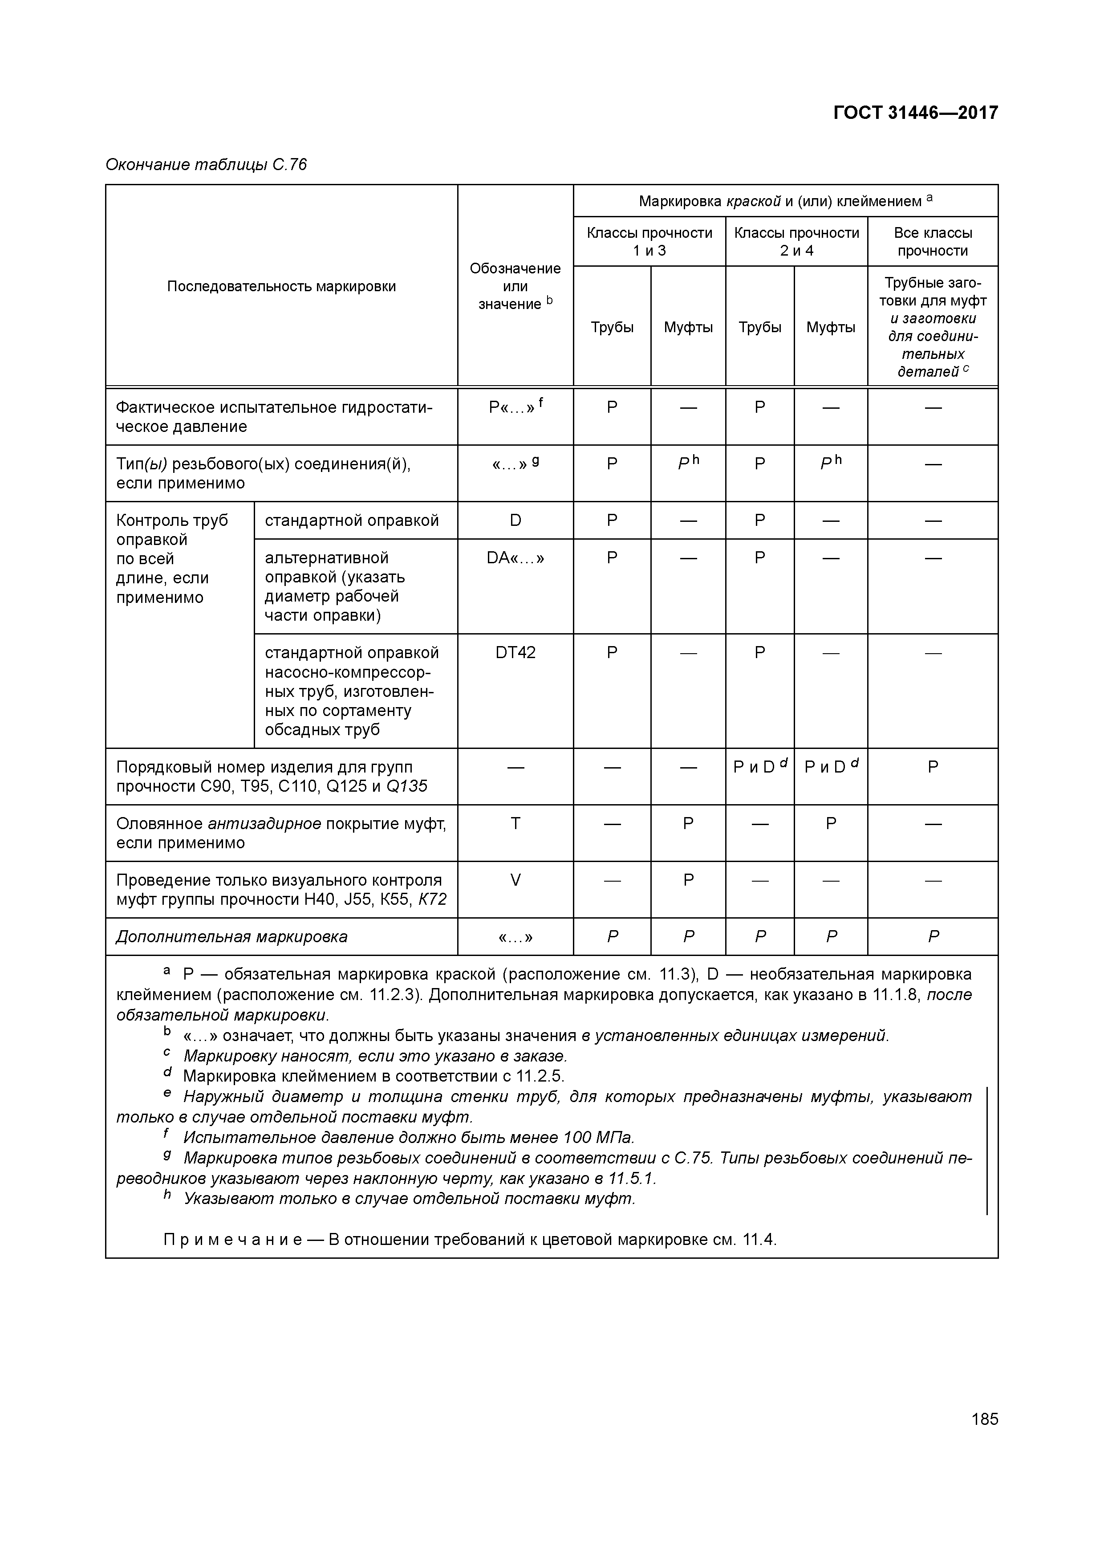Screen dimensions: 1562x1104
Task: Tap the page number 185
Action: (984, 1419)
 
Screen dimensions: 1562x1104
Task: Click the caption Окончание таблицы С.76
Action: (206, 165)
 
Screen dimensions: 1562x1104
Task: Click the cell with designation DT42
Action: (515, 653)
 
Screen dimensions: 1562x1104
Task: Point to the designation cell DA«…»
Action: (515, 558)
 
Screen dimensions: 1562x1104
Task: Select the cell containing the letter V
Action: (515, 880)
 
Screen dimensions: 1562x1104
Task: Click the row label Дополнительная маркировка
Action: (231, 937)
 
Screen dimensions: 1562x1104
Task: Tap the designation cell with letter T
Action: (515, 824)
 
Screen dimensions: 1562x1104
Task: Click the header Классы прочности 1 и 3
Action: (649, 241)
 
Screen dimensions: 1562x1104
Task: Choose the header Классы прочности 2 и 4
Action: (796, 241)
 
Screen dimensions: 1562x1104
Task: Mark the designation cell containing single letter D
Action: (515, 521)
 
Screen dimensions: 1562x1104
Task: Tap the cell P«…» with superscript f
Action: (515, 407)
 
